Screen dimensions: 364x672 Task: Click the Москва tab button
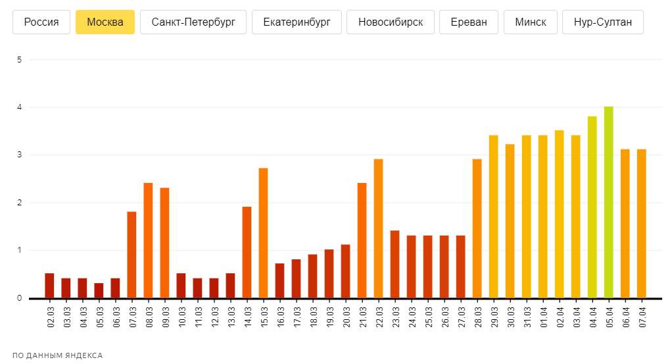pos(105,22)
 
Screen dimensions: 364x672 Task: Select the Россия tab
pos(41,22)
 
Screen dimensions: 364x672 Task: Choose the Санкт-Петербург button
pos(193,22)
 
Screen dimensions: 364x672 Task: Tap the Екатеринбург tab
pos(297,22)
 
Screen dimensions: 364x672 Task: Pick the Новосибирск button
pos(391,22)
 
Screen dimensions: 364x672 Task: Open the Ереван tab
pos(469,22)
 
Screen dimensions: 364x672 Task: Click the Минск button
pos(531,22)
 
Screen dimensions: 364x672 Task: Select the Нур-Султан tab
pos(603,22)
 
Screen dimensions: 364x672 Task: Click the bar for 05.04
pos(609,202)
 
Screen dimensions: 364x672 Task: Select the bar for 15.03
pos(263,233)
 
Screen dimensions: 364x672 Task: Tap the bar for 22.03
pos(378,228)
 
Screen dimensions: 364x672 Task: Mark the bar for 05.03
pos(99,290)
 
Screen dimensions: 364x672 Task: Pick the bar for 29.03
pos(493,217)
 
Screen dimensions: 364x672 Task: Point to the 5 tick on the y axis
pos(20,60)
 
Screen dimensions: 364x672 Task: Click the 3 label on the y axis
pos(20,155)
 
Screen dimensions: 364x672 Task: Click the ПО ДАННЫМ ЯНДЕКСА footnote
pos(58,355)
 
